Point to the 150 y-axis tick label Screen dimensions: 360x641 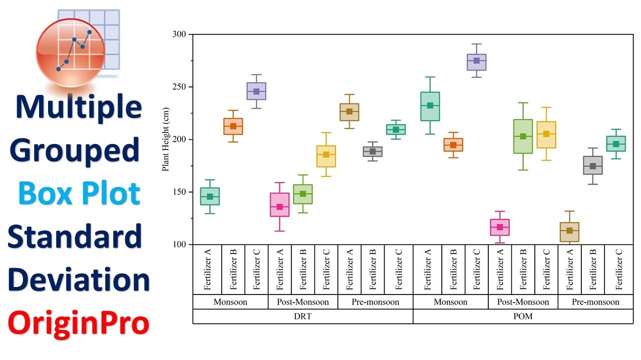pyautogui.click(x=180, y=192)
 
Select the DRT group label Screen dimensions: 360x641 pyautogui.click(x=302, y=316)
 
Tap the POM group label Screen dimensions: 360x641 pyautogui.click(x=523, y=316)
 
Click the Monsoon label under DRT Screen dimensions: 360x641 pyautogui.click(x=230, y=302)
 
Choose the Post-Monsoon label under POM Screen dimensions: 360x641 pyautogui.click(x=523, y=302)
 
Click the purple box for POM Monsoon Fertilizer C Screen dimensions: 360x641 pyautogui.click(x=477, y=62)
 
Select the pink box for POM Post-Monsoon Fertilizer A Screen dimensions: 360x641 pyautogui.click(x=500, y=227)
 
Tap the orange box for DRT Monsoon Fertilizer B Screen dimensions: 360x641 pyautogui.click(x=233, y=126)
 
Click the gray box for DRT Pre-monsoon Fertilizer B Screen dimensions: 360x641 pyautogui.click(x=373, y=151)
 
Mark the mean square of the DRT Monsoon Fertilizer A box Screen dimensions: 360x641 pyautogui.click(x=210, y=197)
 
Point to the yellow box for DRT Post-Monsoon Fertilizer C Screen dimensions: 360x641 pyautogui.click(x=327, y=156)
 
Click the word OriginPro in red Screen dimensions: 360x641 pyautogui.click(x=79, y=323)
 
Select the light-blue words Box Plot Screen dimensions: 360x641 pyautogui.click(x=79, y=193)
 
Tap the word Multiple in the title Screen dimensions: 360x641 pyautogui.click(x=79, y=107)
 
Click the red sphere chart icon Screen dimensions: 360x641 pyautogui.click(x=70, y=52)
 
